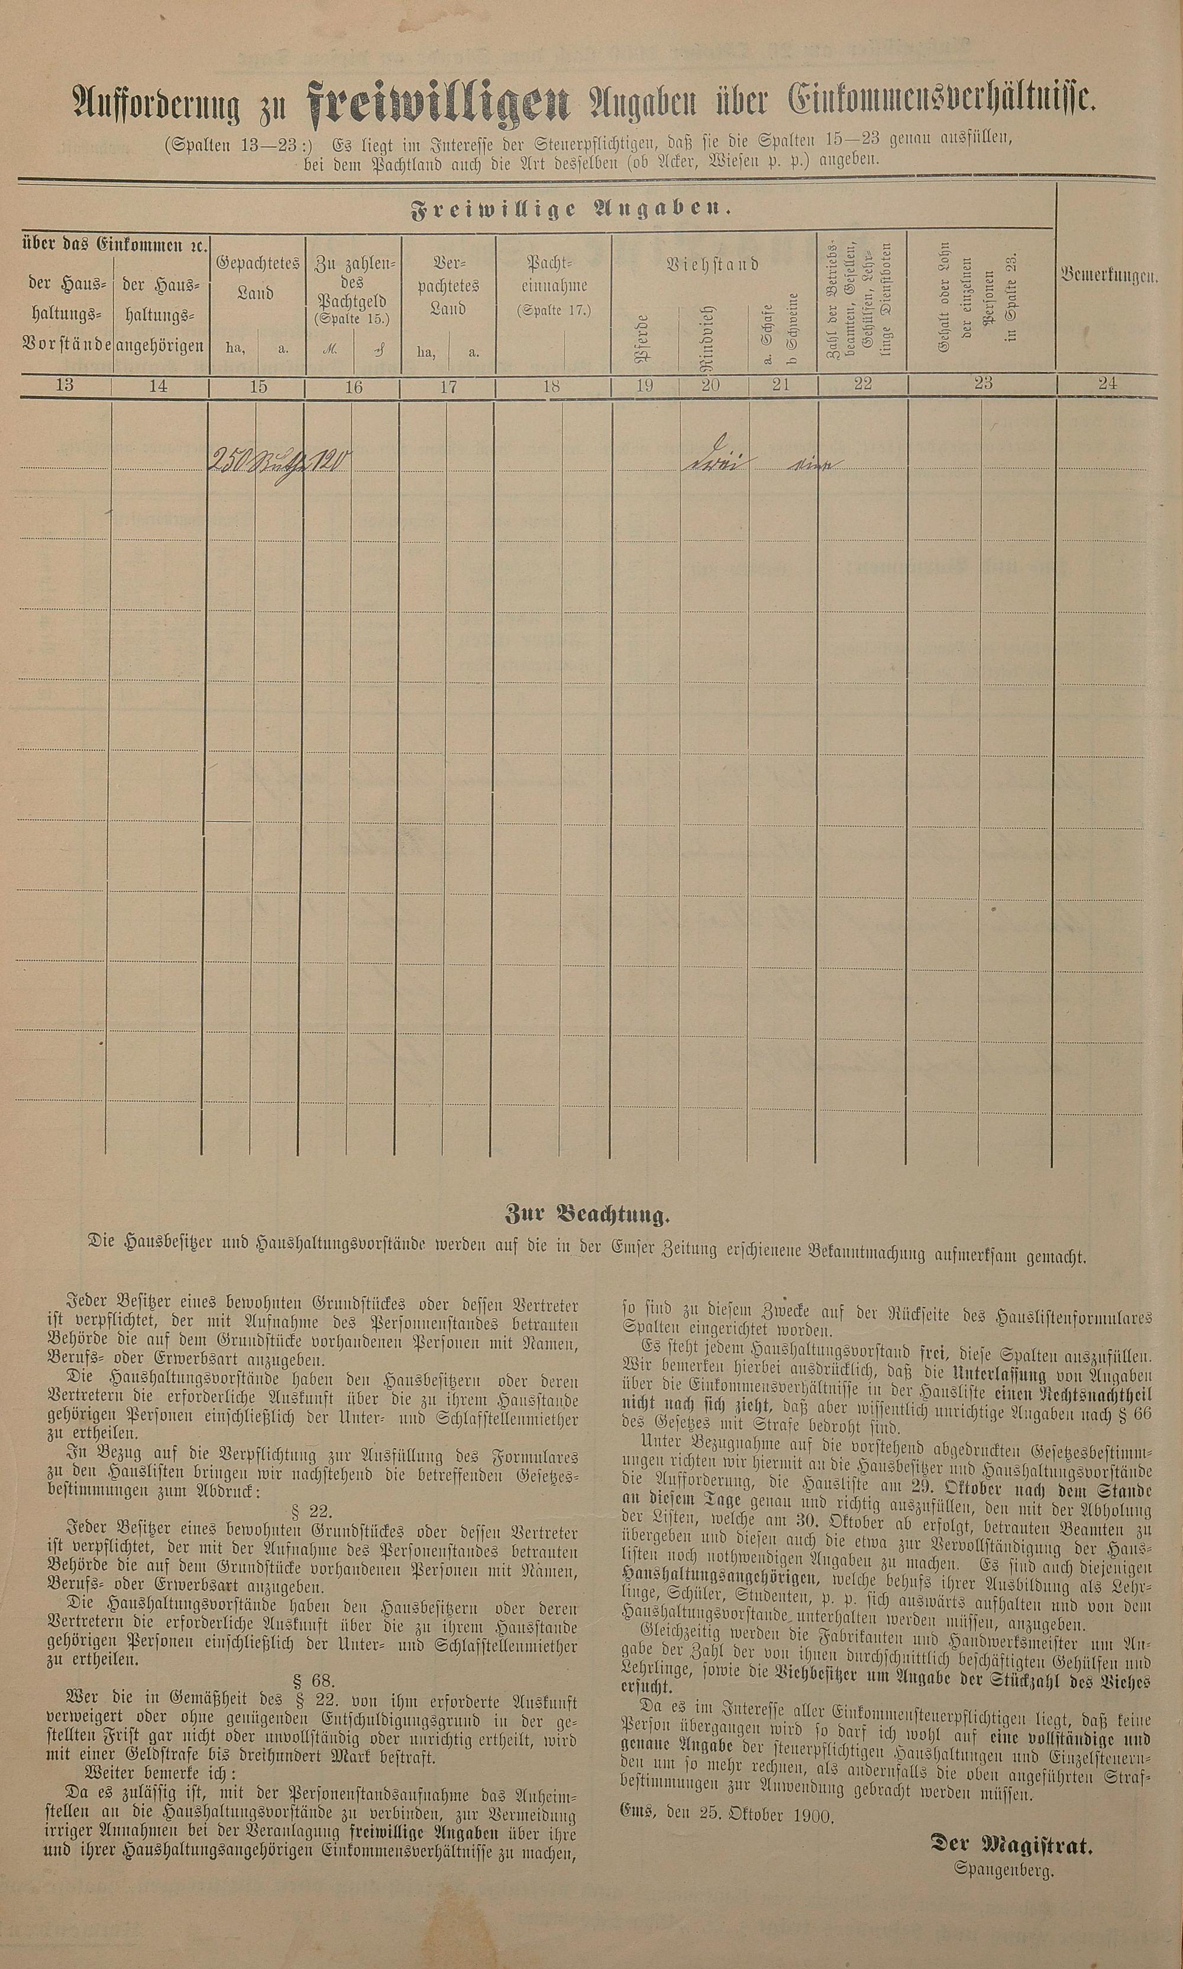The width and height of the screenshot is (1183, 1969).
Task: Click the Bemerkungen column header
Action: [x=1107, y=276]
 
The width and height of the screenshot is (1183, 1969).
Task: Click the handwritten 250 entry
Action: [x=230, y=460]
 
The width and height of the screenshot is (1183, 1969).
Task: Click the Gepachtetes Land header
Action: [x=257, y=277]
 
